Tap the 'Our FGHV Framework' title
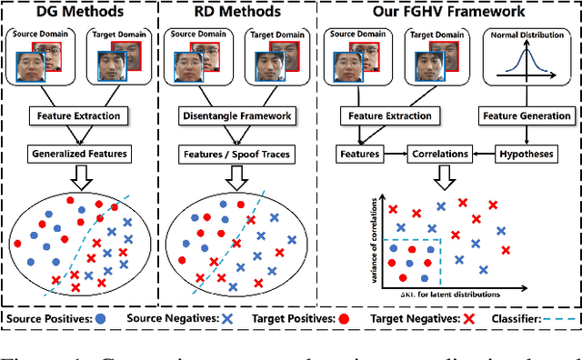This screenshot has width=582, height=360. [449, 13]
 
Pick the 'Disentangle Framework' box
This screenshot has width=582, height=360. [240, 115]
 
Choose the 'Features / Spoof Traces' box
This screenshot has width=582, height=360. [240, 154]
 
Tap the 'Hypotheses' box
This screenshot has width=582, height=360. [527, 155]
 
